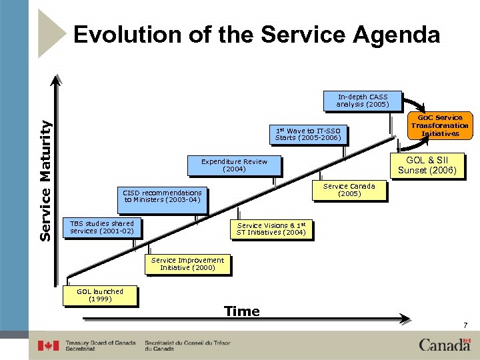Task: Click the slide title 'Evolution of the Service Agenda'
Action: [x=257, y=35]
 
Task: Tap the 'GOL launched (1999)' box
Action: [x=100, y=295]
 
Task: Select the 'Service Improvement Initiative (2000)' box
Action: [x=187, y=264]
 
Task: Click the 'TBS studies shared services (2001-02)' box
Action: [x=102, y=227]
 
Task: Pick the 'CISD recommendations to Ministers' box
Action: [x=162, y=196]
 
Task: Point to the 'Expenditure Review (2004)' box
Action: [x=234, y=165]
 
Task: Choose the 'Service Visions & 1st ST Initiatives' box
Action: [x=271, y=229]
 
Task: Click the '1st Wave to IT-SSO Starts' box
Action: [x=308, y=134]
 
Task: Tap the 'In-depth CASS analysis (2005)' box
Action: [x=363, y=100]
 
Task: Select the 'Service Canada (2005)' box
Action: [x=349, y=190]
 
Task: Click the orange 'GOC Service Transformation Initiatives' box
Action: [x=439, y=125]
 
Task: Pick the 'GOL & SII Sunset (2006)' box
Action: [x=427, y=165]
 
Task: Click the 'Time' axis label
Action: [x=242, y=311]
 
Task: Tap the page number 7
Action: [x=465, y=325]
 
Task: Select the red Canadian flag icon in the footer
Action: [x=48, y=346]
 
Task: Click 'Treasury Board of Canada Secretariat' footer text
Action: [x=100, y=346]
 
